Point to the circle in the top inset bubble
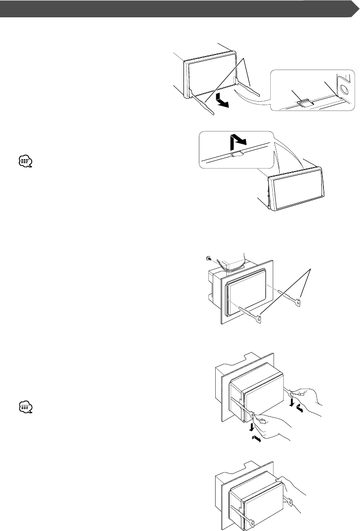point(344,89)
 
